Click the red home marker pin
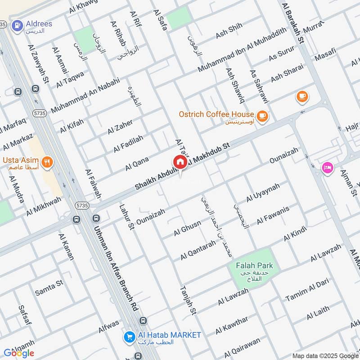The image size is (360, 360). (x=180, y=162)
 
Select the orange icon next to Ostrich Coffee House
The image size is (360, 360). (x=263, y=117)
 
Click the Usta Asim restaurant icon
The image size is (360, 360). (x=46, y=162)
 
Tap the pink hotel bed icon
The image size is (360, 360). (x=327, y=167)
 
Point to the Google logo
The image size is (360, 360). (x=19, y=353)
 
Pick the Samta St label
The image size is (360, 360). (x=49, y=288)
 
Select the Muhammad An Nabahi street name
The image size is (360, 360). (x=85, y=95)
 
